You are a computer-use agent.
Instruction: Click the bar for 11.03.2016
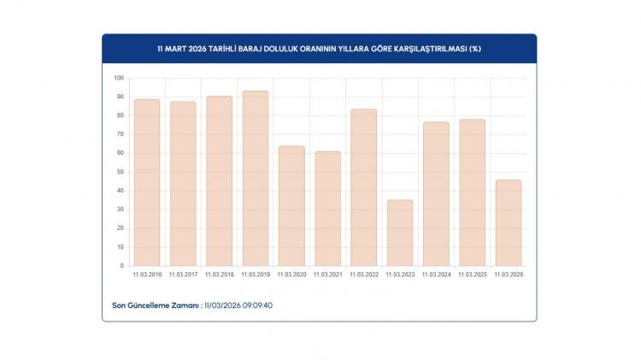(147, 182)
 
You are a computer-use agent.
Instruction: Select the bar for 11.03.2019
(256, 178)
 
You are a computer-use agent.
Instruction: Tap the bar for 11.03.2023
(400, 233)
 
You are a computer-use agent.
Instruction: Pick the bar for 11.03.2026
(509, 222)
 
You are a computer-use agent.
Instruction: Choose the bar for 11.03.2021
(327, 209)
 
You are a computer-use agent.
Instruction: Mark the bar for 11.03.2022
(364, 187)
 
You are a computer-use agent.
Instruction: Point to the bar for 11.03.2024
(436, 193)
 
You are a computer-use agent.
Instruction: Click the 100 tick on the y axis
(119, 78)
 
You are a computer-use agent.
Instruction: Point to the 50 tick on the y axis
(120, 172)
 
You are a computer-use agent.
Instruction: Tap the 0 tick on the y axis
(121, 266)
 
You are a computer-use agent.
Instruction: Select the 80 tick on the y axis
(120, 115)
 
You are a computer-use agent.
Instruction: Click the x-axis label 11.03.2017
(183, 274)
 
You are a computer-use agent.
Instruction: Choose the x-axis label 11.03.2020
(291, 274)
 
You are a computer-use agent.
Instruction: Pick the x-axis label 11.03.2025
(473, 274)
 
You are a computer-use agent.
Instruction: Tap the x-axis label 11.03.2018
(220, 274)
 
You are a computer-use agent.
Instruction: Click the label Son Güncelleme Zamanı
(156, 304)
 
